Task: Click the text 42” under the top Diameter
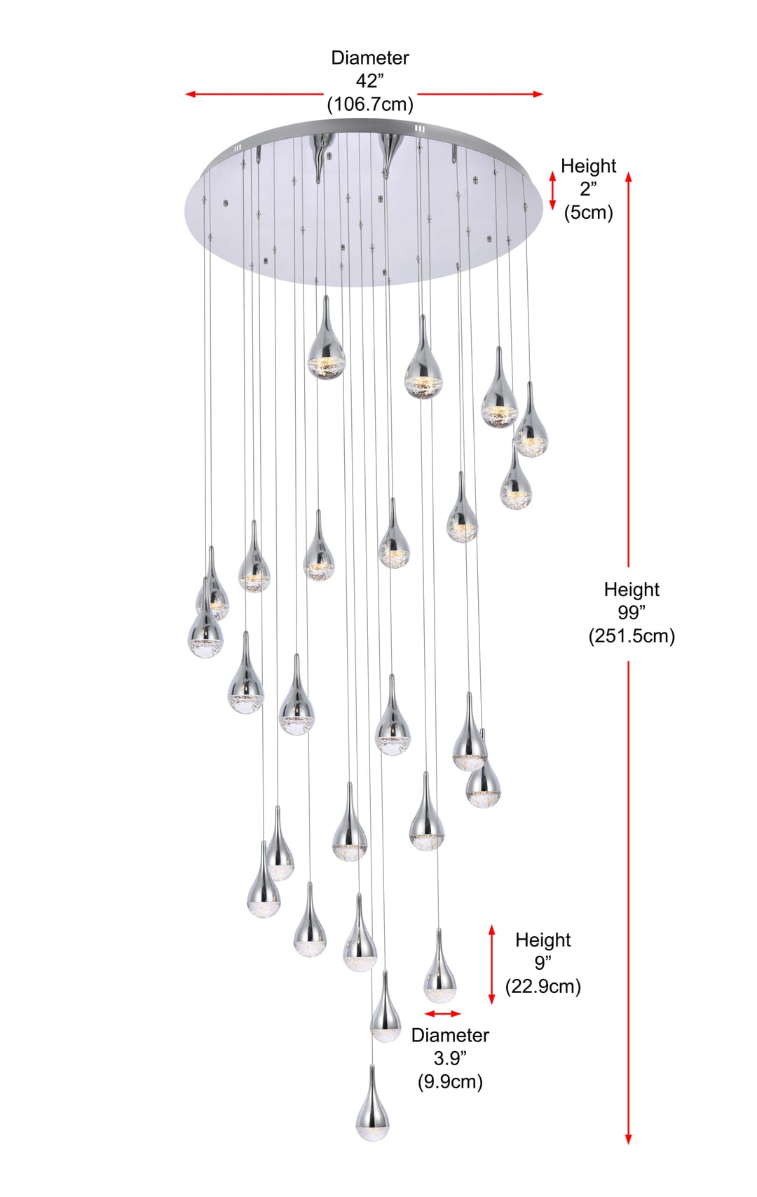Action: click(369, 81)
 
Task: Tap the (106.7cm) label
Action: click(370, 104)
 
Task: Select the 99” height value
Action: click(632, 612)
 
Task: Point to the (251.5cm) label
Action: click(632, 636)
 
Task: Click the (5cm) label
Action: click(588, 212)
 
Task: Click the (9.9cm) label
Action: click(450, 1081)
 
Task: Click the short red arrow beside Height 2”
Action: click(553, 190)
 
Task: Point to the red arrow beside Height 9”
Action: click(492, 965)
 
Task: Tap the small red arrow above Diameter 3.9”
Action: click(442, 1014)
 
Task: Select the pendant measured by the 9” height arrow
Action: click(439, 966)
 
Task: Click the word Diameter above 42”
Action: click(369, 58)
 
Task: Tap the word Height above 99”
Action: click(632, 590)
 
